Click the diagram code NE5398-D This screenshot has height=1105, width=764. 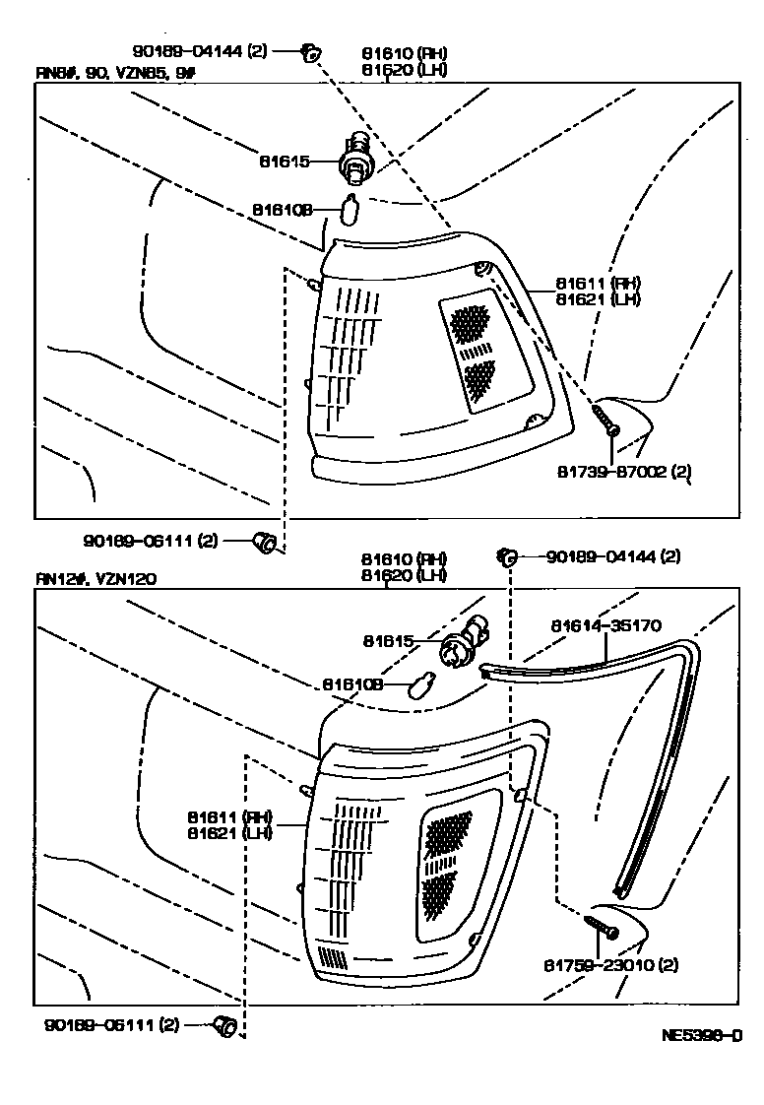(x=701, y=1035)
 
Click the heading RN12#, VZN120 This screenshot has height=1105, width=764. (x=95, y=579)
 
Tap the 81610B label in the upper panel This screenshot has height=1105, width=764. (x=282, y=210)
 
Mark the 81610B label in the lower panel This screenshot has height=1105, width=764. (x=353, y=683)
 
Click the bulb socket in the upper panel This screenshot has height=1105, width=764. (x=355, y=158)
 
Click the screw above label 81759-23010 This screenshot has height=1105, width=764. (x=600, y=927)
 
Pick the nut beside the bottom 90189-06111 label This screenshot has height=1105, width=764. (x=225, y=1027)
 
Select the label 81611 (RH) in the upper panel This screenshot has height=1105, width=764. (x=609, y=283)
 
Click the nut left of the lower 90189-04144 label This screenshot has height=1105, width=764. (x=506, y=557)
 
